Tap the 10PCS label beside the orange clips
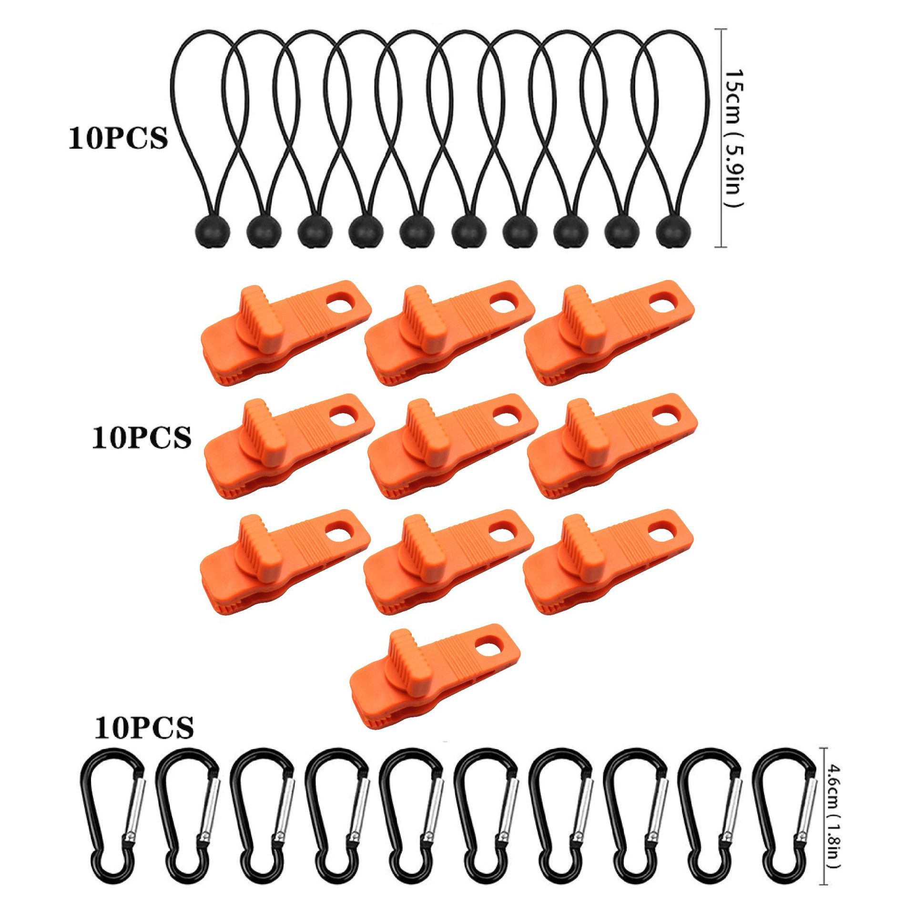click(142, 437)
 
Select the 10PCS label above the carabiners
click(144, 728)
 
